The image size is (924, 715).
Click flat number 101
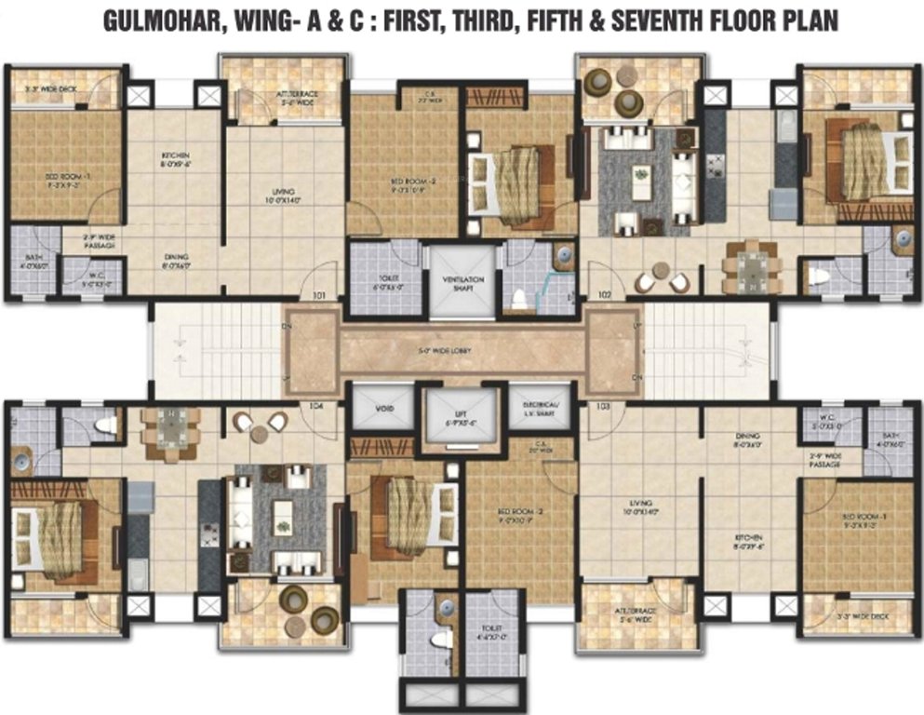tap(321, 296)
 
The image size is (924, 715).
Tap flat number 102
tap(605, 295)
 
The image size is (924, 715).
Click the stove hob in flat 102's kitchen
tap(716, 166)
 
